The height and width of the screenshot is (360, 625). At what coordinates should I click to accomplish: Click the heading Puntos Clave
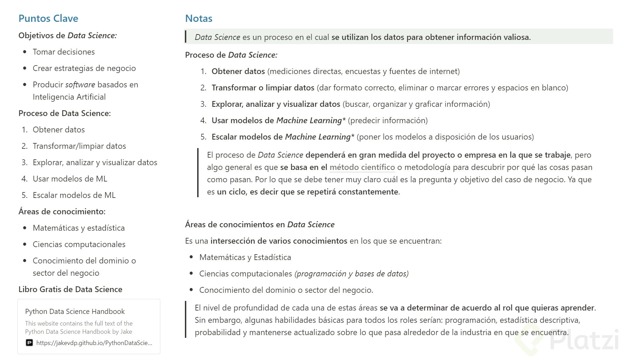click(x=48, y=18)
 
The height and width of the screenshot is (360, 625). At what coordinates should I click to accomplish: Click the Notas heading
click(x=199, y=18)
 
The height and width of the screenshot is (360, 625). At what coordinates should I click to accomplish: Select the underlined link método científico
click(x=362, y=167)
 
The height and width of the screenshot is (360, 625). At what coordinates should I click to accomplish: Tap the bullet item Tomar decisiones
click(x=63, y=52)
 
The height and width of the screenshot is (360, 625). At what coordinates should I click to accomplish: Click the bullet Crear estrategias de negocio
click(x=84, y=68)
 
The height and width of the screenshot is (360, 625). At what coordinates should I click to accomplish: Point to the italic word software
click(x=80, y=85)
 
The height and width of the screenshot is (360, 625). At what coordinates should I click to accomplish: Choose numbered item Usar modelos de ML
click(x=70, y=179)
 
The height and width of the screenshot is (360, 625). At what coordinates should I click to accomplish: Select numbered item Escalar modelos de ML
click(x=74, y=195)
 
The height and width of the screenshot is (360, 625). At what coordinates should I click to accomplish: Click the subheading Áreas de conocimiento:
click(x=62, y=212)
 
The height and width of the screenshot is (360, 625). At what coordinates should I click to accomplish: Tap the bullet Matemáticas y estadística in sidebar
click(x=78, y=228)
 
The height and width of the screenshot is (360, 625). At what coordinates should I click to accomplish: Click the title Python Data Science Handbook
click(x=75, y=311)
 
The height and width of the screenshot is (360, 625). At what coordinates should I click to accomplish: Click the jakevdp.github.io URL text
click(x=94, y=343)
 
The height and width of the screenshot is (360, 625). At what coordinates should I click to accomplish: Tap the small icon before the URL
click(x=29, y=343)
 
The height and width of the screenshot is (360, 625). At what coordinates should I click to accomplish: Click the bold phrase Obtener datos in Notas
click(x=238, y=71)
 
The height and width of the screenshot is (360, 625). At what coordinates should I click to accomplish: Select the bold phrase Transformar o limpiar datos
click(x=263, y=88)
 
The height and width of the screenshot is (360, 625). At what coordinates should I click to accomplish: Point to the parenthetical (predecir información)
click(x=388, y=120)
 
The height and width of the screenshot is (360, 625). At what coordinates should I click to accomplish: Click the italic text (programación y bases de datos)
click(x=351, y=274)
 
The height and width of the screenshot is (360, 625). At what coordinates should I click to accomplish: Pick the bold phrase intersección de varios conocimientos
click(x=279, y=241)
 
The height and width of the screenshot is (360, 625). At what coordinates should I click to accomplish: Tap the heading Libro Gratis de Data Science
click(x=70, y=289)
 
